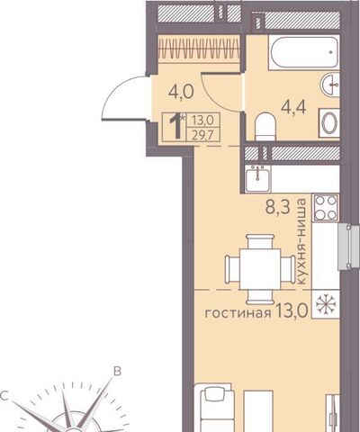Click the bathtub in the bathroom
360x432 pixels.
coord(304,53)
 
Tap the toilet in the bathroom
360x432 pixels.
coord(265,127)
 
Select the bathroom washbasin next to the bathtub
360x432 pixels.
coord(330,85)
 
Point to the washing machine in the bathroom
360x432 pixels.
coord(329,122)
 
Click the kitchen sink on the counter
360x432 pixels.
coord(258,178)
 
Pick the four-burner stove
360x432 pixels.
coord(326,207)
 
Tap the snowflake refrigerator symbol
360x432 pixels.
coord(326,304)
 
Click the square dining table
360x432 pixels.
coord(260,269)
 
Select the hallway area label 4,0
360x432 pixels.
coord(181,92)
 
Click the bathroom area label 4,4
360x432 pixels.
coord(293,107)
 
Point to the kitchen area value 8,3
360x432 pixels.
coord(278,207)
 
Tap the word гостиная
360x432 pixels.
coord(238,313)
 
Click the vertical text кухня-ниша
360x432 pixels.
coord(301,241)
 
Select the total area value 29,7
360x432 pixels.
coord(203,135)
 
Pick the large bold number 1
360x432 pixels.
coord(176,126)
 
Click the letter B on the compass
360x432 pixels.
coord(117,371)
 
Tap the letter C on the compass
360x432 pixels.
coord(4,396)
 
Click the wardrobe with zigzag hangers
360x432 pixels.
coord(199,49)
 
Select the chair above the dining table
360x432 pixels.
coord(260,241)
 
